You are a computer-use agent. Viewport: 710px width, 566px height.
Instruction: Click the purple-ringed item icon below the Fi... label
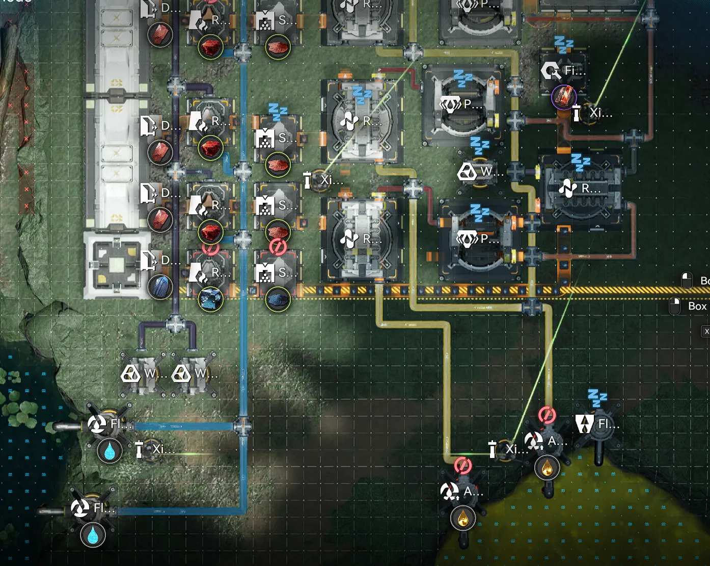coord(563,96)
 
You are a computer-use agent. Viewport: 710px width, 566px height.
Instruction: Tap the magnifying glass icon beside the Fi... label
coord(551,71)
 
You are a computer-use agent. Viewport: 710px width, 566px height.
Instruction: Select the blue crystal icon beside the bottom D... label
coord(160,287)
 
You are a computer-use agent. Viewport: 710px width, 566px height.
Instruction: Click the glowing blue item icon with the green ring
coord(210,299)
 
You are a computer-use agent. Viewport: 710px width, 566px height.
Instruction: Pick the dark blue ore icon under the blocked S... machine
coord(278,299)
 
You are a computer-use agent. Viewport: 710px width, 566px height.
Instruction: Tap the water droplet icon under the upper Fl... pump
coord(110,451)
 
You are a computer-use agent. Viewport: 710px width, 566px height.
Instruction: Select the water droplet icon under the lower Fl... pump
coord(93,535)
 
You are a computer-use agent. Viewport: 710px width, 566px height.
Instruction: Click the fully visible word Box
coord(697,306)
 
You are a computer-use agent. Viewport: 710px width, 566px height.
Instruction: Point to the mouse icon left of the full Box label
coord(675,306)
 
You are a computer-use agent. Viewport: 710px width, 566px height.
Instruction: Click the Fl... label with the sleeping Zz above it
coord(609,424)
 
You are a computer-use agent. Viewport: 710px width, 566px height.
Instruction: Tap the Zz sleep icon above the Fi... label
coord(564,45)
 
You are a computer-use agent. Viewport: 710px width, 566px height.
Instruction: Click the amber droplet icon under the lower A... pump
coord(462,518)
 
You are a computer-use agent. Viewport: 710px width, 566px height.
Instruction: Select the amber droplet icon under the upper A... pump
coord(547,468)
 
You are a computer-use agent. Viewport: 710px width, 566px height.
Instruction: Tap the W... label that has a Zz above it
coord(492,172)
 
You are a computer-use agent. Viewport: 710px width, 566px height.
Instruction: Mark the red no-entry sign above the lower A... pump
coord(462,465)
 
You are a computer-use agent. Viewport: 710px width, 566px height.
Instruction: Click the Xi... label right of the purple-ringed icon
coord(601,113)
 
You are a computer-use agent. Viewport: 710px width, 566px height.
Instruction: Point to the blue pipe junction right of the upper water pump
coord(242,426)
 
